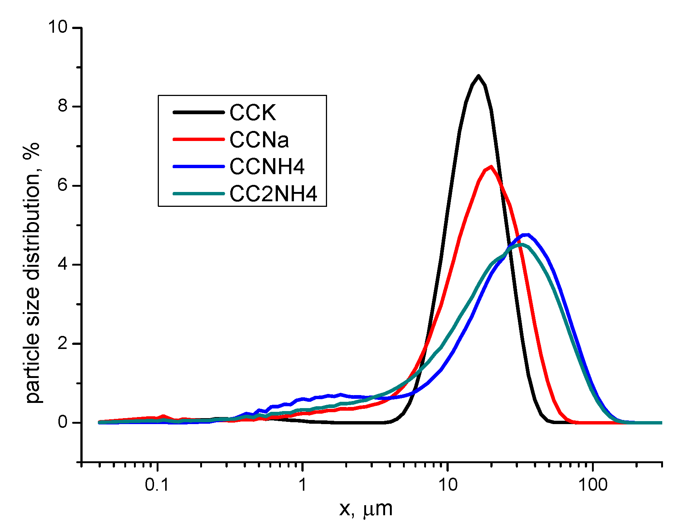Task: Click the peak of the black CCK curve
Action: [478, 76]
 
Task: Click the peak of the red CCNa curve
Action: [491, 167]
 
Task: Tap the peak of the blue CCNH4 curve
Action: [526, 235]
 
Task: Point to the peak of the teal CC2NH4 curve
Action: [521, 244]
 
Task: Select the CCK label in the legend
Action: [253, 112]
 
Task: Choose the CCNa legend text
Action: [259, 140]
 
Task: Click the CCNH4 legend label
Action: [267, 167]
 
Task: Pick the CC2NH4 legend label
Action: [273, 194]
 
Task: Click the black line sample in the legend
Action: [198, 112]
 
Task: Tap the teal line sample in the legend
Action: [198, 193]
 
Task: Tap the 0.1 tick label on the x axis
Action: [158, 485]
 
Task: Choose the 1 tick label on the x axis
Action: [302, 485]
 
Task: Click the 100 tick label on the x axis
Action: [593, 485]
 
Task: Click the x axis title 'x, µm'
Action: [366, 509]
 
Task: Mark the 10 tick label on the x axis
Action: [448, 485]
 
